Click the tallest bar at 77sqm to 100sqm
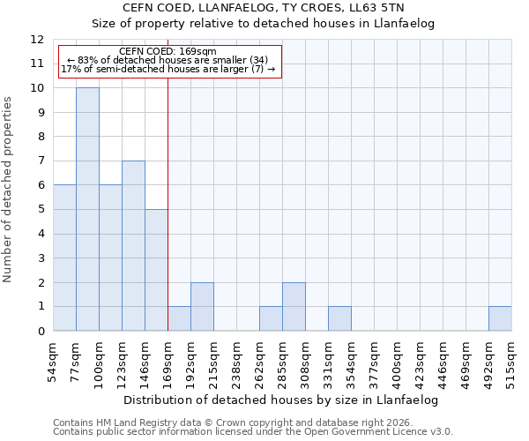[x=87, y=209]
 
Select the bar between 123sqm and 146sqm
[x=133, y=246]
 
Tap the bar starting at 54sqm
[x=64, y=258]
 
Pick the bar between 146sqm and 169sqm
[x=156, y=270]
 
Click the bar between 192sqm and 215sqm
[x=202, y=307]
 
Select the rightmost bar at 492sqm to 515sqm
[x=500, y=318]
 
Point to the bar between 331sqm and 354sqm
[x=339, y=318]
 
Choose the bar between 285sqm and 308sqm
[x=294, y=307]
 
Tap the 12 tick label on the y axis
[x=37, y=40]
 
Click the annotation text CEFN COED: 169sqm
[x=167, y=52]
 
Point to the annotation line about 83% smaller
[x=167, y=60]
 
